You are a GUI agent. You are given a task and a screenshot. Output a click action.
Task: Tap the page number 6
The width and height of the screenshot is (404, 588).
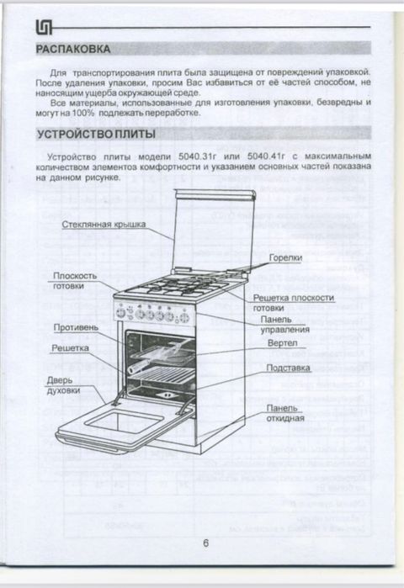tap(206, 543)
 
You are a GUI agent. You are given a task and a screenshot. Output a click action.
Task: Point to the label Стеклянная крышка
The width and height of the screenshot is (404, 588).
tap(104, 225)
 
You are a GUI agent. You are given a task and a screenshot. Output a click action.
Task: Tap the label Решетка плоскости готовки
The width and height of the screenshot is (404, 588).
tap(293, 303)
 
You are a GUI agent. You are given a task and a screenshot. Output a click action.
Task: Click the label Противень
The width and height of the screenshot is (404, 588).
tap(76, 326)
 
